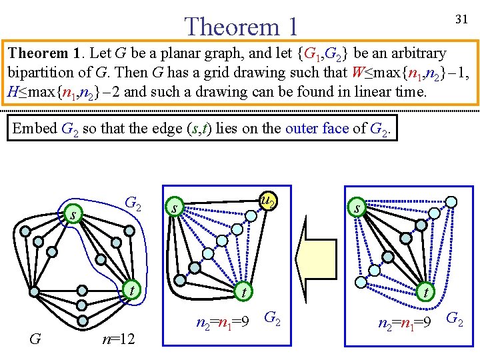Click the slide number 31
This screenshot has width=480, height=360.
coord(460,21)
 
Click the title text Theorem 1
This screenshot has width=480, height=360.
coord(241,27)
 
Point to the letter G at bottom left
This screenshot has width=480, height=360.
coord(37,339)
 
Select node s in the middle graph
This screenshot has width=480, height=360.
coord(174,208)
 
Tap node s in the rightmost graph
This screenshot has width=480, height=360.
coord(357,209)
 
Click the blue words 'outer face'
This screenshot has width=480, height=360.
coord(317,128)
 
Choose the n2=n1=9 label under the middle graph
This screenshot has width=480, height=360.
coord(223,323)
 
